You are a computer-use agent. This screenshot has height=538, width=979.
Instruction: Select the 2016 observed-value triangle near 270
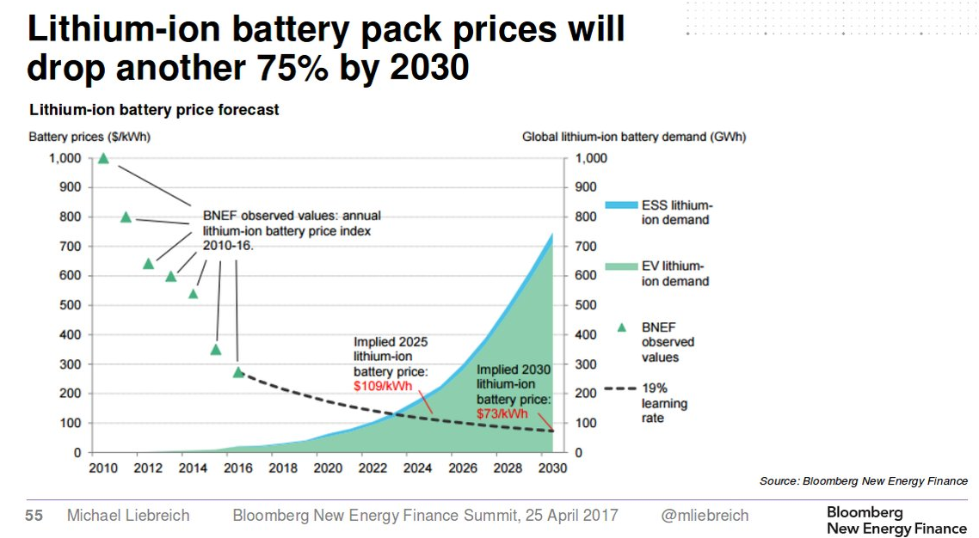pos(238,372)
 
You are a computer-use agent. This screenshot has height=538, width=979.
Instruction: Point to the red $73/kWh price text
pos(502,413)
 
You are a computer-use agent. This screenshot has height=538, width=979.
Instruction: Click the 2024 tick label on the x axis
pos(416,468)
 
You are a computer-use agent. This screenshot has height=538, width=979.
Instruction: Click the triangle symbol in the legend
pos(622,327)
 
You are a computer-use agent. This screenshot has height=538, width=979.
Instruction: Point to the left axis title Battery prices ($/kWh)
pos(89,137)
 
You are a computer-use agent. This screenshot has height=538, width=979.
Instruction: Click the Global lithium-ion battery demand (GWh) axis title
pos(634,137)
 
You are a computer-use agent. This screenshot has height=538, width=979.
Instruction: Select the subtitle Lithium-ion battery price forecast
pos(154,110)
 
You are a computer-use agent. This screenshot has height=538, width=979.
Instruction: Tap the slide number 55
pos(34,516)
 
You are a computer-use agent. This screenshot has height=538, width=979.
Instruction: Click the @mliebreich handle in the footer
pos(705,516)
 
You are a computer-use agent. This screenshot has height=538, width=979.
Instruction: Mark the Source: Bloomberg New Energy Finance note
pos(863,481)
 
